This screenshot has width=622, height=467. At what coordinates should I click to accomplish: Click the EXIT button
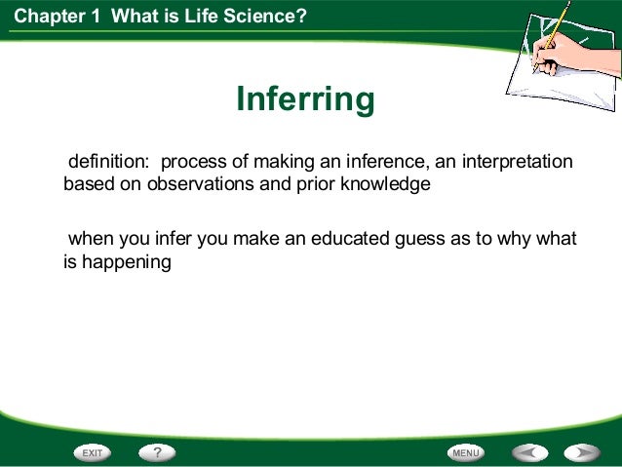(x=93, y=452)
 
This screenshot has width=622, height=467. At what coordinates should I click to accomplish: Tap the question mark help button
(x=157, y=452)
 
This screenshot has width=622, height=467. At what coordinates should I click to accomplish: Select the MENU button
(x=466, y=452)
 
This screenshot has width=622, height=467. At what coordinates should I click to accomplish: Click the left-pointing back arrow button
(x=530, y=452)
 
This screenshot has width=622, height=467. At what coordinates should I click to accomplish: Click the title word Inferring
(x=305, y=99)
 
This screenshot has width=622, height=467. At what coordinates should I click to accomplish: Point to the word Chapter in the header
(x=49, y=17)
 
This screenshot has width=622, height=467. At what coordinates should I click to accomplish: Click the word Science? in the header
(x=265, y=17)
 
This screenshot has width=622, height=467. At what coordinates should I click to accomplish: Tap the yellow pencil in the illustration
(x=553, y=36)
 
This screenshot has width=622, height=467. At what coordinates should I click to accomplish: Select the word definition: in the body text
(x=108, y=161)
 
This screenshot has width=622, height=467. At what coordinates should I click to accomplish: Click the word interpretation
(x=518, y=162)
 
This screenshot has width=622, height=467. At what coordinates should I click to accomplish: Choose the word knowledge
(x=385, y=184)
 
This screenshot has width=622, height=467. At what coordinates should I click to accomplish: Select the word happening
(x=127, y=262)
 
